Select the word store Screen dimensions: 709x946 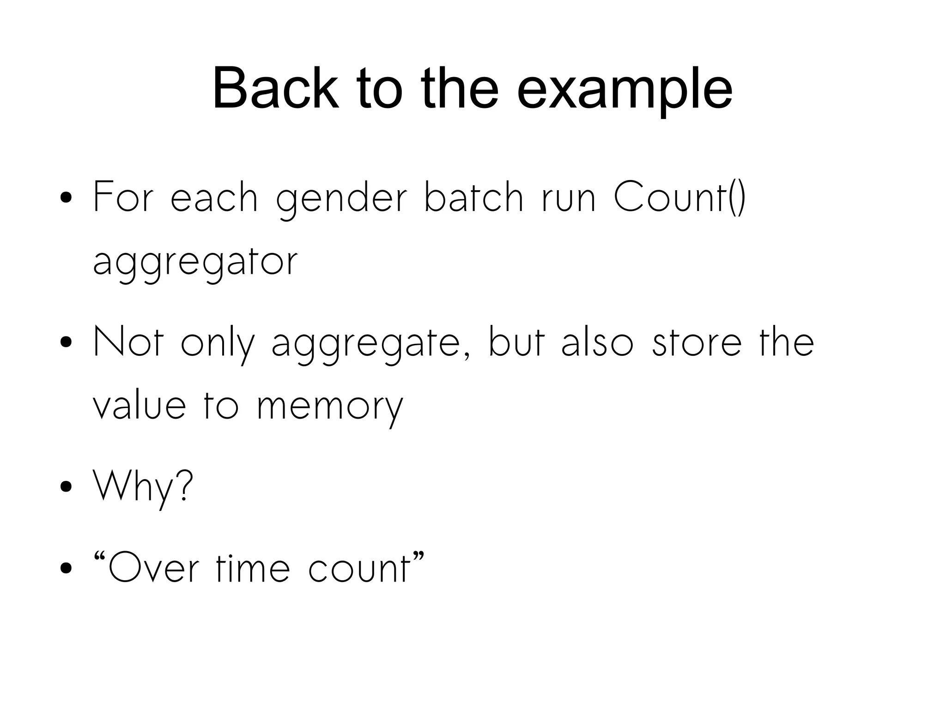click(697, 342)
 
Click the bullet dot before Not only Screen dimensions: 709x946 click(66, 342)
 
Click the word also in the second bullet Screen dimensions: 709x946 click(597, 342)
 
